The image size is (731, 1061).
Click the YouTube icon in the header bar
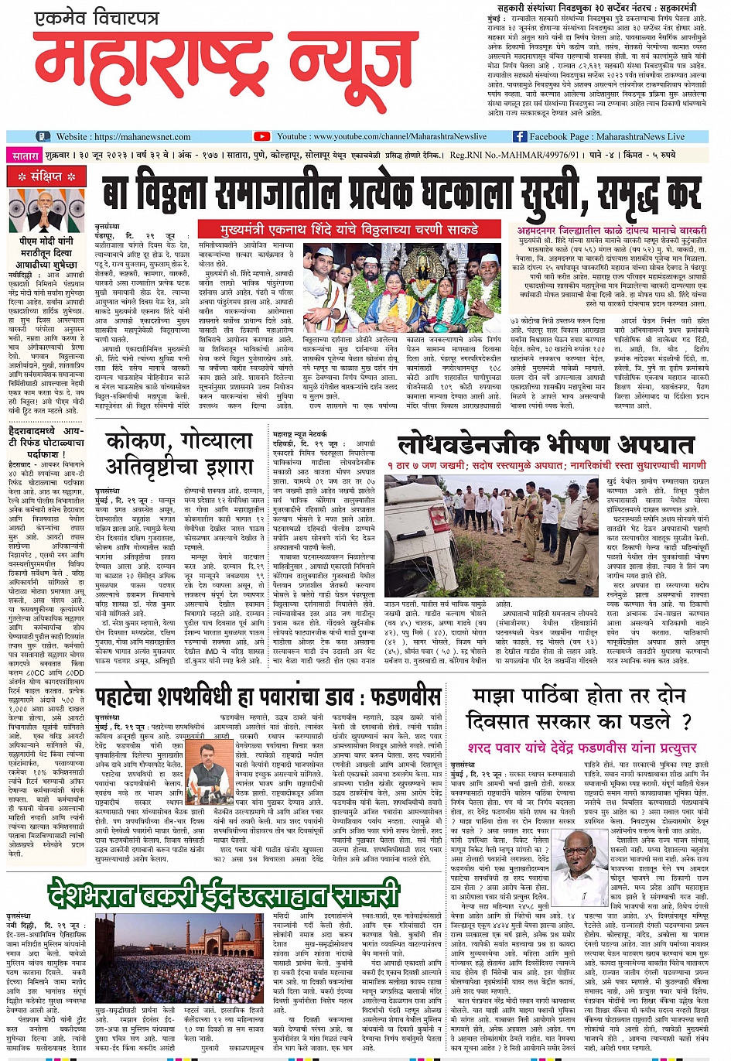pyautogui.click(x=261, y=136)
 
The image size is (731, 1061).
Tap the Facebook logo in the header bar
pyautogui.click(x=520, y=136)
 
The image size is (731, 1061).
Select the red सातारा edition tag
pyautogui.click(x=26, y=156)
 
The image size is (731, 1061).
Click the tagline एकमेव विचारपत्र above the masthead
pyautogui.click(x=98, y=17)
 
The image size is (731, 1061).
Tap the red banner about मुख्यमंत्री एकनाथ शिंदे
pyautogui.click(x=349, y=229)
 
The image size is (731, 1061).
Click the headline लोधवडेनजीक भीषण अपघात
pyautogui.click(x=545, y=445)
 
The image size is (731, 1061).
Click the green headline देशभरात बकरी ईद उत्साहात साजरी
pyautogui.click(x=223, y=895)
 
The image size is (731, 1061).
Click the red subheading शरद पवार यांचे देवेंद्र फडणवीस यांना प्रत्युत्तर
pyautogui.click(x=582, y=748)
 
